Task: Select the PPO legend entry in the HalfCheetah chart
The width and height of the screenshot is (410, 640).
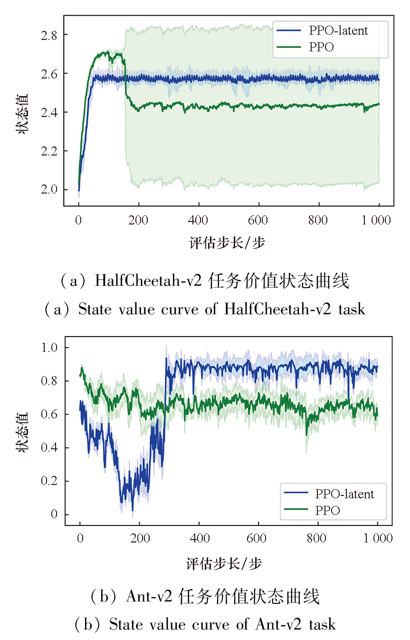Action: [321, 47]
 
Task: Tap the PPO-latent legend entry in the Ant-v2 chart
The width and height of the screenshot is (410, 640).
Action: [344, 494]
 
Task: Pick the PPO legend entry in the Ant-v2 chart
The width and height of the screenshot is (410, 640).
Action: [327, 510]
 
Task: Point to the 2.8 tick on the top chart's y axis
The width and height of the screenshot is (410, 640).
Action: [49, 35]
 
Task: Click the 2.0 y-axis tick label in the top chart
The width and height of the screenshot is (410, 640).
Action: [49, 190]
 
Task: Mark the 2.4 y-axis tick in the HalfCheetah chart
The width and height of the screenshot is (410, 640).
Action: [49, 112]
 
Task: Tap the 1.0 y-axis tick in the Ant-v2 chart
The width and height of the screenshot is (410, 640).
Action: [49, 348]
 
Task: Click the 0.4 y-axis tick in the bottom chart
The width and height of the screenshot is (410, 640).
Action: [49, 448]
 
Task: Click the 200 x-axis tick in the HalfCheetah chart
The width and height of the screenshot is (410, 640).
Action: [138, 220]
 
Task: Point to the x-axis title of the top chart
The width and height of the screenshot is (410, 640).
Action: [227, 243]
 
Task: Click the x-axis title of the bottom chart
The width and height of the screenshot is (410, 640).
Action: [224, 564]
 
